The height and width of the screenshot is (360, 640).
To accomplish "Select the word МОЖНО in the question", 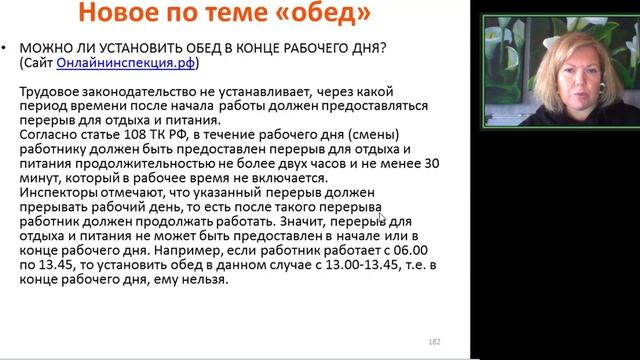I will click(x=44, y=49).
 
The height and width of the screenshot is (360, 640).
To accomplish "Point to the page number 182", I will click(x=434, y=340).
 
